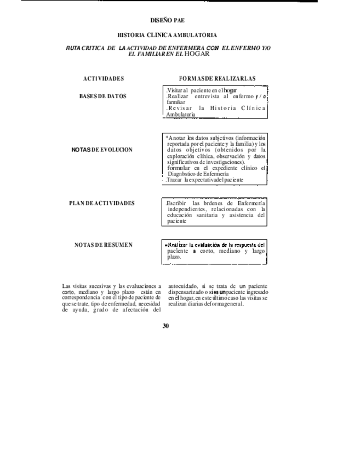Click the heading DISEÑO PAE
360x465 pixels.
(x=167, y=20)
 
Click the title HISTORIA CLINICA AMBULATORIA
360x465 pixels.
(x=167, y=35)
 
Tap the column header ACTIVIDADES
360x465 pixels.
(x=104, y=78)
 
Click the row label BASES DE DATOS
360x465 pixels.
(x=103, y=96)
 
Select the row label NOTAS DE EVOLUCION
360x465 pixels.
(x=102, y=150)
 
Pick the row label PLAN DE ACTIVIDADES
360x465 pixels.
(x=102, y=203)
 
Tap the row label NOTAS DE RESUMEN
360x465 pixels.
(x=104, y=245)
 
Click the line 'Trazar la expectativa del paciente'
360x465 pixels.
(x=205, y=180)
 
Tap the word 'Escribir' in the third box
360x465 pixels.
(x=176, y=203)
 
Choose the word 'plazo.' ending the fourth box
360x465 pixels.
(x=174, y=257)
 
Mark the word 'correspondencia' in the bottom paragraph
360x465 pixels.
(x=83, y=298)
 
